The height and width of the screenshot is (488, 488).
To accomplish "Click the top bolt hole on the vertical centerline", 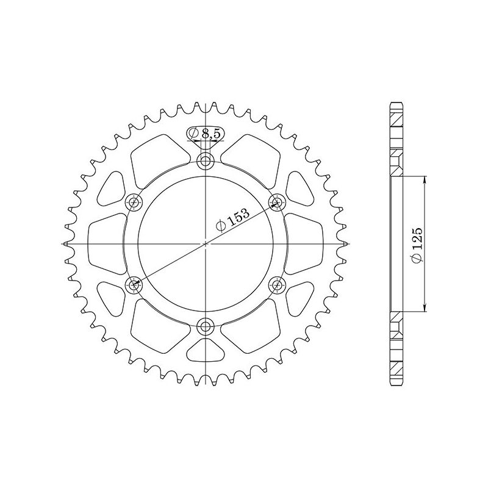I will pos(206,162).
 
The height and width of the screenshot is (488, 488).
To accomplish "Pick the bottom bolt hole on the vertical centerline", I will pos(206,325).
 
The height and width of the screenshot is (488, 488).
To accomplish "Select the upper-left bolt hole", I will pos(134,203).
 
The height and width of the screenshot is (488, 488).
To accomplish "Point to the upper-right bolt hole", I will pos(278,202).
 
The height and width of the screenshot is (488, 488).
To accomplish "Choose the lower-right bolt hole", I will pos(278,284).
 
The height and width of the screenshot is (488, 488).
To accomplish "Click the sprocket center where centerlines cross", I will pos(206,243).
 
